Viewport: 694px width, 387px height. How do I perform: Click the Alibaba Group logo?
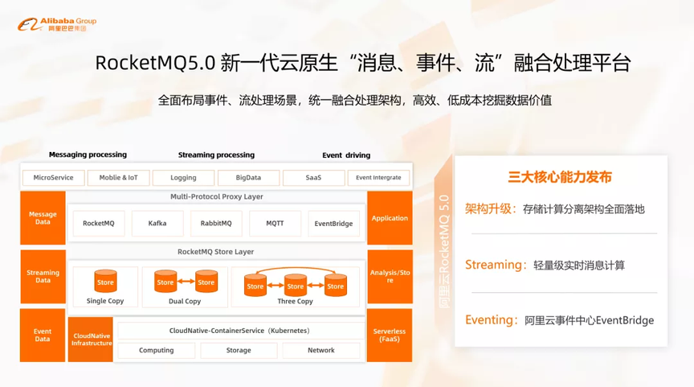(57, 24)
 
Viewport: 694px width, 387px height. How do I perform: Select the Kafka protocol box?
(157, 224)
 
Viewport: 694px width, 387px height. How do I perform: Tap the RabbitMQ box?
(216, 224)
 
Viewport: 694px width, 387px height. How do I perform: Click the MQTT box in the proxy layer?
(275, 224)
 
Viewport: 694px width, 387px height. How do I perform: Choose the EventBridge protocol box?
(333, 224)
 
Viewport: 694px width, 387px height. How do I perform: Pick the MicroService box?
(53, 178)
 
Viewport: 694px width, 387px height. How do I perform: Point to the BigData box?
(248, 178)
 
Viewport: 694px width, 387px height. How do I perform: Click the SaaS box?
(313, 178)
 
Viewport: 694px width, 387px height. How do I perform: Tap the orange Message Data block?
(43, 218)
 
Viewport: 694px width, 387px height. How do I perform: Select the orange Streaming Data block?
(43, 277)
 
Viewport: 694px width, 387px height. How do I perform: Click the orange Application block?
(390, 218)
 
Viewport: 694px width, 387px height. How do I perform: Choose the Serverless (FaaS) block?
(390, 336)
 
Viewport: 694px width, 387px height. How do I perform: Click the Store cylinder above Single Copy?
(105, 281)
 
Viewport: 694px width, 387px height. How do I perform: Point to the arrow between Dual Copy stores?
(186, 282)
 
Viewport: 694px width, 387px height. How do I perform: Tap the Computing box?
(157, 350)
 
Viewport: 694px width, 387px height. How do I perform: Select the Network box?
(320, 350)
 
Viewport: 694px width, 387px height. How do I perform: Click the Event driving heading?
(346, 155)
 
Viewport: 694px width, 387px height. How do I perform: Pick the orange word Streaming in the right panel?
(493, 265)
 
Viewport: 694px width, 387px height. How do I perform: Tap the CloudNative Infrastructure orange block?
(91, 340)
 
